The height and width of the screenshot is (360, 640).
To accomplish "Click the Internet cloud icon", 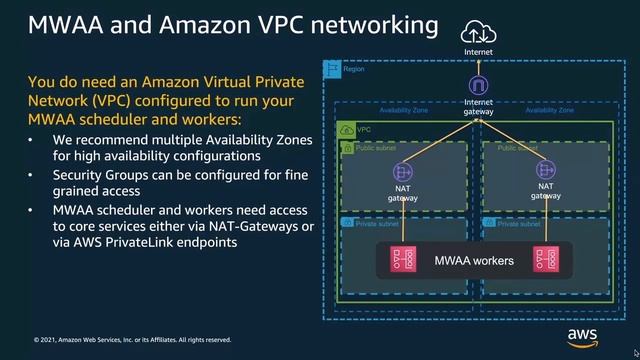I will [x=477, y=33].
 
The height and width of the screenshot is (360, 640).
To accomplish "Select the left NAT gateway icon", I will [x=403, y=170].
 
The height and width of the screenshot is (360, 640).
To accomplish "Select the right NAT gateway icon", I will [x=545, y=170].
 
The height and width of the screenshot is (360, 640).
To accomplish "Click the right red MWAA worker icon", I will [x=544, y=262].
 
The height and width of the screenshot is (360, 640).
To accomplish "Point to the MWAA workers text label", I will [x=474, y=262].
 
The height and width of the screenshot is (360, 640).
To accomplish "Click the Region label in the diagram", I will [x=353, y=70].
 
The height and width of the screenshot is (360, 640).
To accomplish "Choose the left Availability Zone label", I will [x=404, y=111].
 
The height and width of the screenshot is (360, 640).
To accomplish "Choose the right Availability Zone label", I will [x=549, y=111].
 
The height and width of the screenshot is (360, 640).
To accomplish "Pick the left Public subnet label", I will [x=377, y=147].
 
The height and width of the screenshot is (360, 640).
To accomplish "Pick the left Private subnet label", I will [x=377, y=223].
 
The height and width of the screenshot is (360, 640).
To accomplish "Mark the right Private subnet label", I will [x=519, y=223].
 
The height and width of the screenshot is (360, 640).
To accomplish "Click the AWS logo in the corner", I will [x=582, y=336].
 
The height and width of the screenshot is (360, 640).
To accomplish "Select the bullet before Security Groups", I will [x=31, y=176].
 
